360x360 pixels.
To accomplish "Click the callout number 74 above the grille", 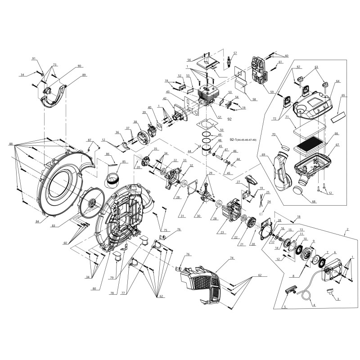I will [219, 258].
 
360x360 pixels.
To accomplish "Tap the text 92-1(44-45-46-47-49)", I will [243, 140].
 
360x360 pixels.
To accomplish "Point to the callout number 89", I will [83, 75].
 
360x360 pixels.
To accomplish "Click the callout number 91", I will [33, 59].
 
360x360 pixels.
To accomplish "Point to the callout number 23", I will [222, 232].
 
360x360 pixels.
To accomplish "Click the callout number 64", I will [337, 81].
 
